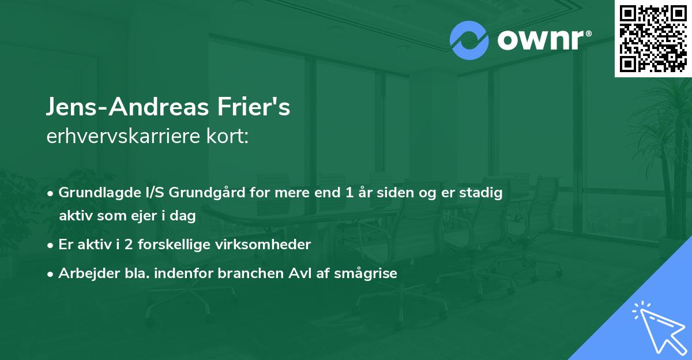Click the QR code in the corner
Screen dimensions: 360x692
(x=653, y=38)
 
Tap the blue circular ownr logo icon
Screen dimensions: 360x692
(x=469, y=40)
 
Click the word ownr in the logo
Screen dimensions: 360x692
(x=543, y=40)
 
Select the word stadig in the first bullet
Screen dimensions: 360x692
(x=484, y=193)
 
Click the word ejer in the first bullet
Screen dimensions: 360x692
(x=146, y=216)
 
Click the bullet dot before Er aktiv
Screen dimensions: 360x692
(x=51, y=245)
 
